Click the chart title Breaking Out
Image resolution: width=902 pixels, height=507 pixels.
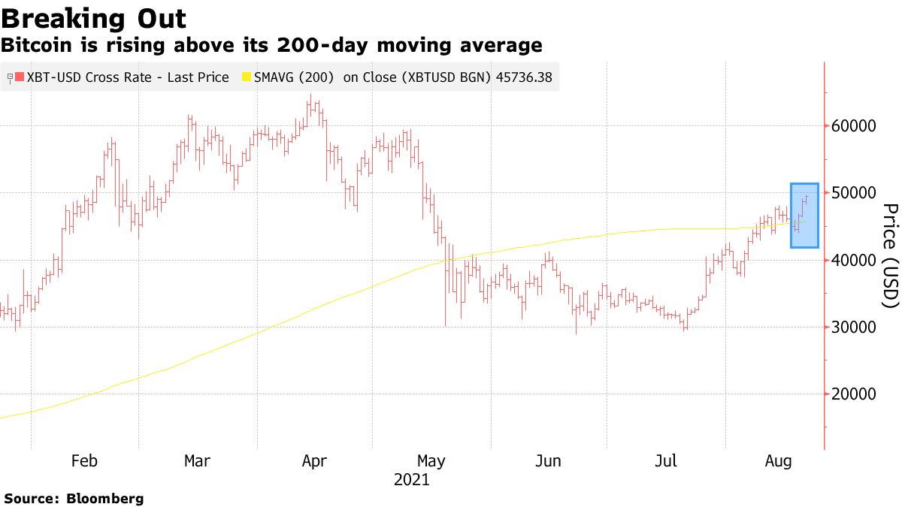coord(94,18)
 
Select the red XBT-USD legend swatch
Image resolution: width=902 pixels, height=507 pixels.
coord(19,77)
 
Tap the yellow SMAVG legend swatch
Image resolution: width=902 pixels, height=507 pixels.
coord(245,77)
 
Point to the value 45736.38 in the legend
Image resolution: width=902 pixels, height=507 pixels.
coord(523,77)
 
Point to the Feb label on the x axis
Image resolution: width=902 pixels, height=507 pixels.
coord(83,461)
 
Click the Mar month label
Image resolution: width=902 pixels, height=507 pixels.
coord(198,461)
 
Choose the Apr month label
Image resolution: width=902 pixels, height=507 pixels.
coord(314,461)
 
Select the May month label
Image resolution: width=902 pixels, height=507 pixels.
coord(431,461)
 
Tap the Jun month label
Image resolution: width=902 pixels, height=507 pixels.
coord(548,461)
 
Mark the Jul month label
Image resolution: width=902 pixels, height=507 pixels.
coord(665,461)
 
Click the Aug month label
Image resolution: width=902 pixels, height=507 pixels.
coord(779,461)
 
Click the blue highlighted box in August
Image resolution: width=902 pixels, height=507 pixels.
coord(804,216)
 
